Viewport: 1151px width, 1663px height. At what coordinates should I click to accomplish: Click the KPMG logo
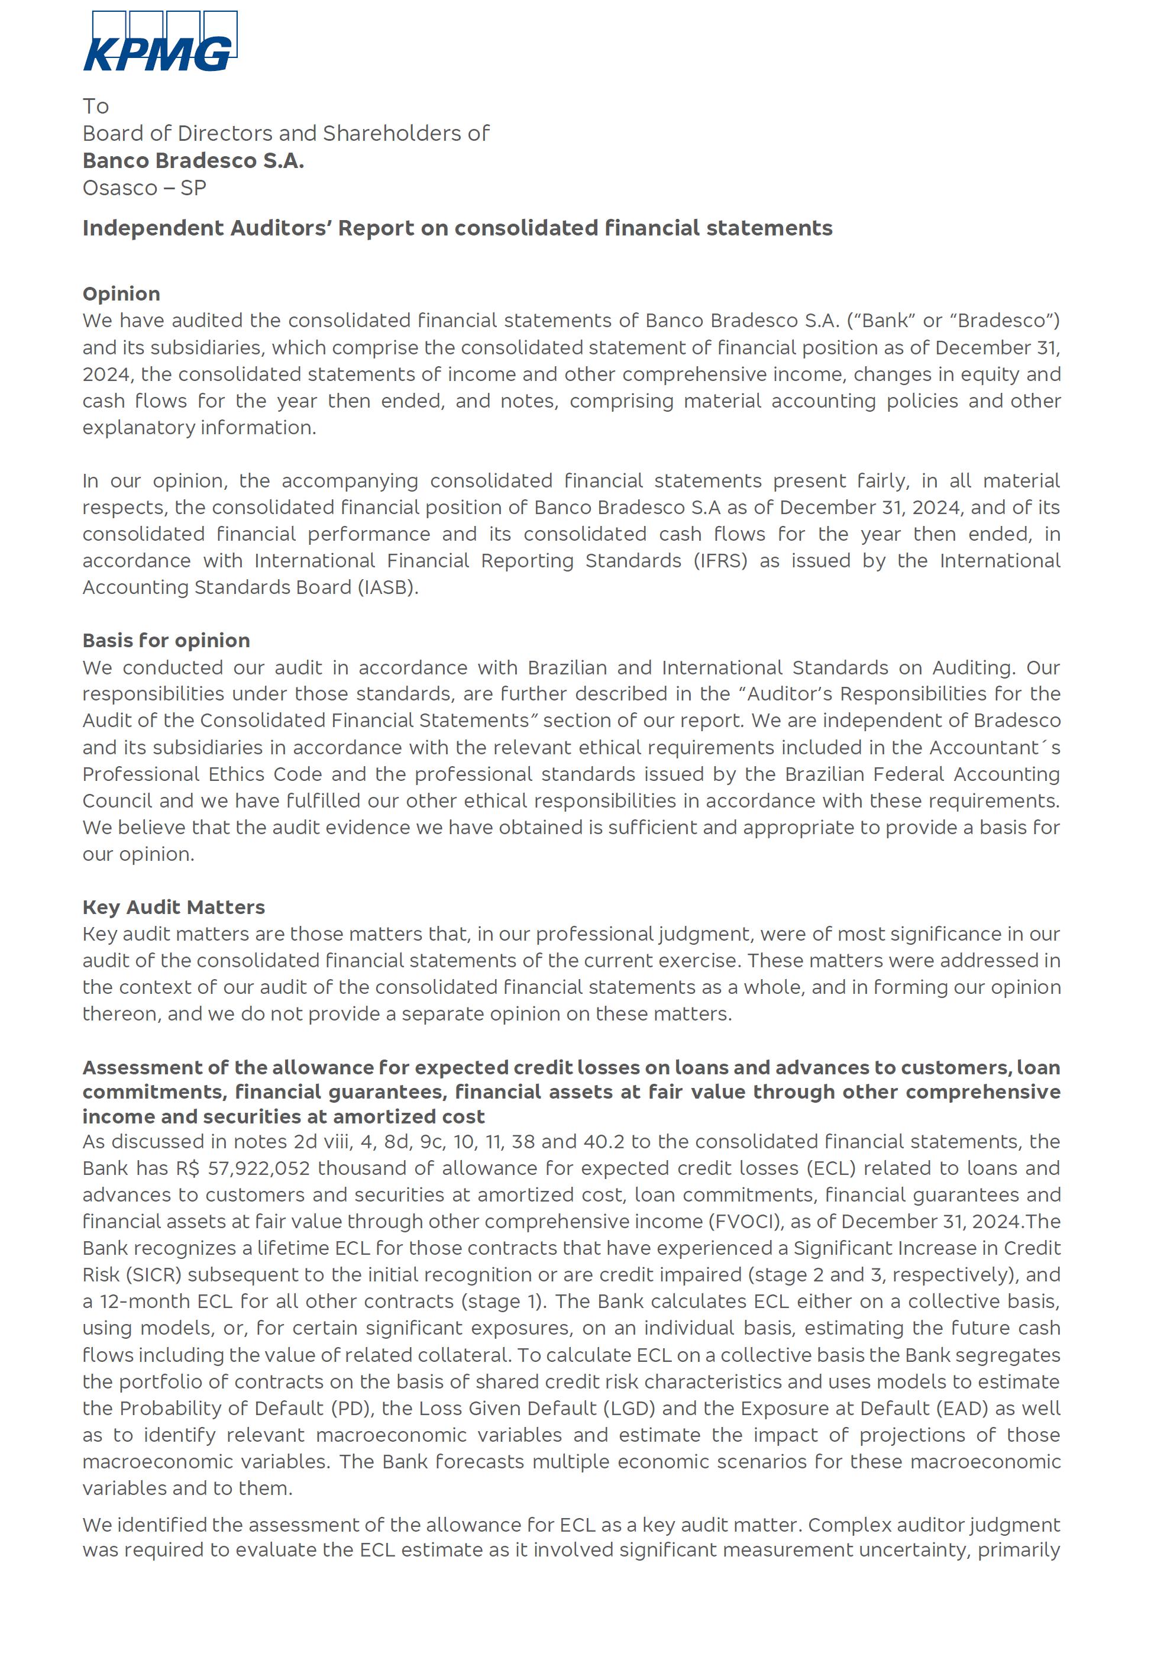click(x=160, y=42)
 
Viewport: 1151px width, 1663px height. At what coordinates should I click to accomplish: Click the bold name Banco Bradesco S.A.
click(x=193, y=160)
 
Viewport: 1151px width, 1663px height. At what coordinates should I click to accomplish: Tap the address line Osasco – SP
click(x=144, y=188)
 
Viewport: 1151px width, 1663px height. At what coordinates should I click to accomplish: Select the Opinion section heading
click(x=121, y=293)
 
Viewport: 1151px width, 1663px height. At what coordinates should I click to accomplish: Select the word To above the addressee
click(x=95, y=106)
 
